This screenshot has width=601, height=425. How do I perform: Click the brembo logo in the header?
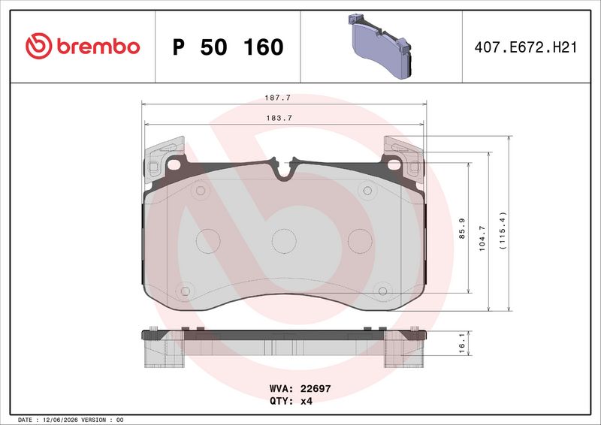pos(83,46)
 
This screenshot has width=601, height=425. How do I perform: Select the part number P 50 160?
pos(228,47)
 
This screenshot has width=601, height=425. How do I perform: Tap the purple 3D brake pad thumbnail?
pos(380,46)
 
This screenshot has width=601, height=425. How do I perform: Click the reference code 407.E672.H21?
pos(525,47)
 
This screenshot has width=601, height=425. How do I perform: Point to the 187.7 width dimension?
pos(278,98)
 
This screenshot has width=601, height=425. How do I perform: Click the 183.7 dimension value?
pos(279,118)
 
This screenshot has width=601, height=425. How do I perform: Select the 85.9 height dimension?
pos(462,228)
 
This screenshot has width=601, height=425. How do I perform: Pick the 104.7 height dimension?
pos(482,238)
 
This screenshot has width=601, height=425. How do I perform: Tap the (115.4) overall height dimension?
pos(503,231)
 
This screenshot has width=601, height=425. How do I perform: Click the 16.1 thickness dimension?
pos(462,343)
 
